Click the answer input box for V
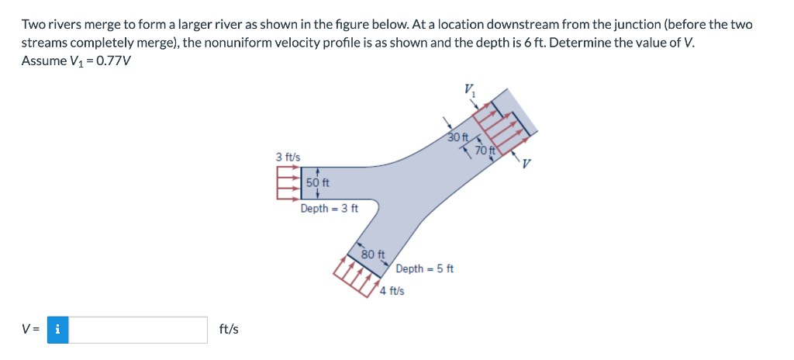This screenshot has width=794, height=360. point(143,330)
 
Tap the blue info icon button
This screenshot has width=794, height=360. point(58,330)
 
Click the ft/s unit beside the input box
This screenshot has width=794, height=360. point(229,330)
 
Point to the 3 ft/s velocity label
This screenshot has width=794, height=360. point(288,157)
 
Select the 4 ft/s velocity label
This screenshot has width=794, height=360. point(392,292)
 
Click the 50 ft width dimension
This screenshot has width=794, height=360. point(318,183)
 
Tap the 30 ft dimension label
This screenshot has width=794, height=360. point(461,137)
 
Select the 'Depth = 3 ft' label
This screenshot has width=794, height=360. point(330,208)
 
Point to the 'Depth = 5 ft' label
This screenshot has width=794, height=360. point(424,268)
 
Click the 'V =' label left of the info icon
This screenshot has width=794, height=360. point(32,330)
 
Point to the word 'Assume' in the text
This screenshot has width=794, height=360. point(43,61)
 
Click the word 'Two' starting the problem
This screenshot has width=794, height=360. point(33,24)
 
